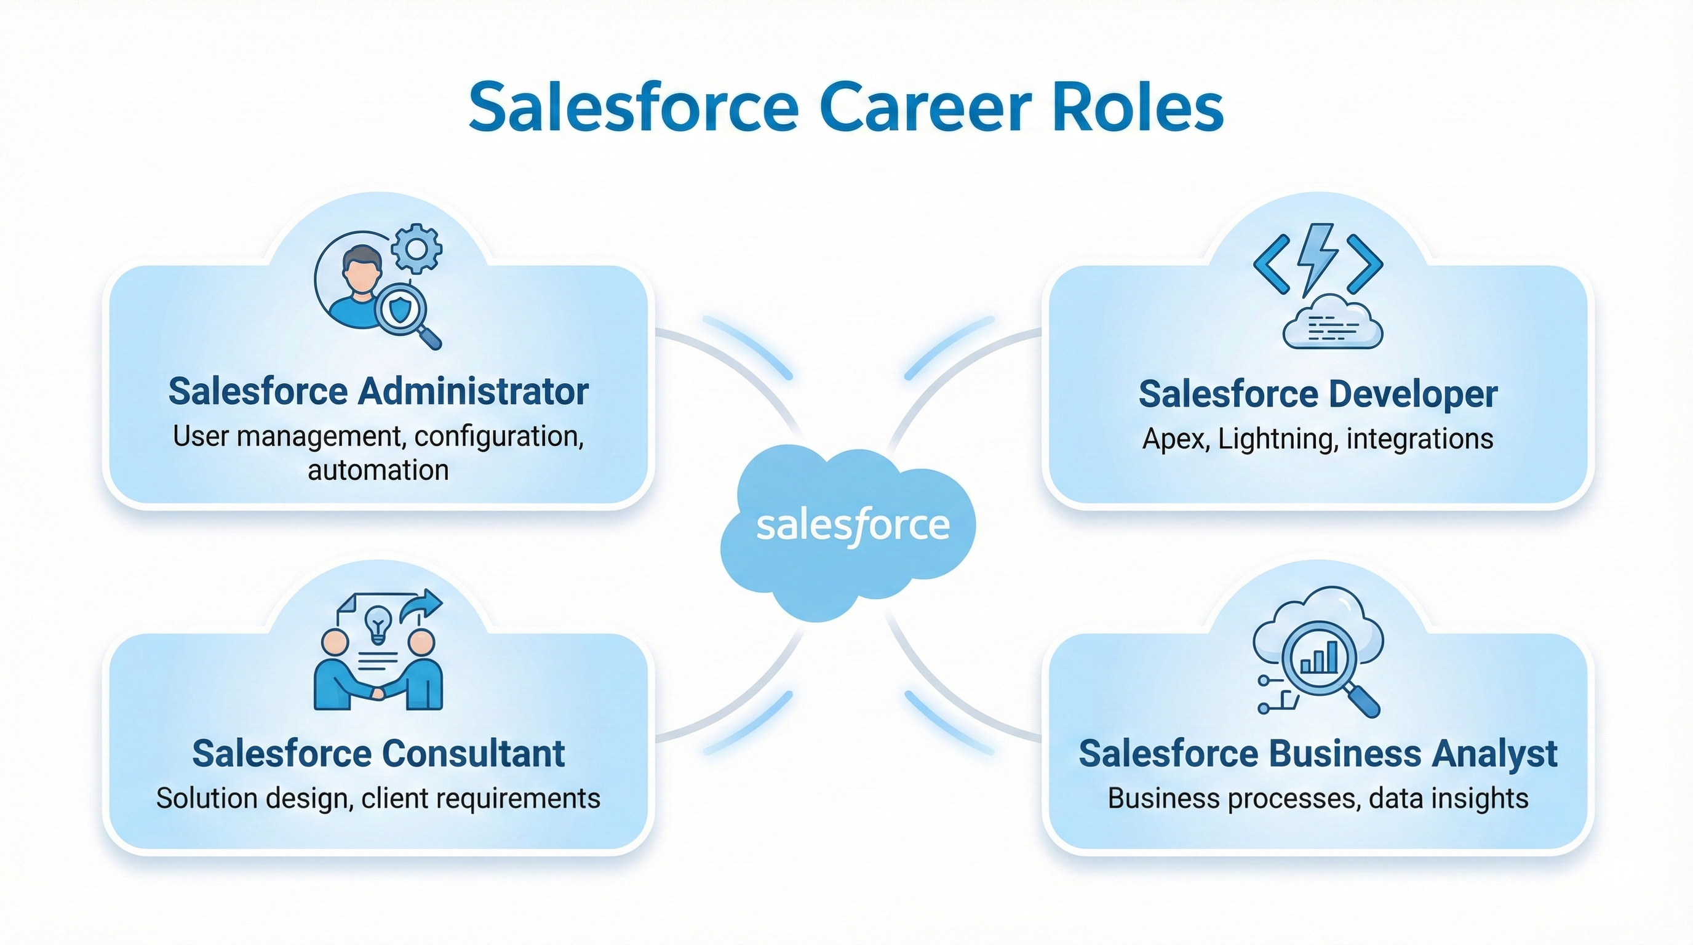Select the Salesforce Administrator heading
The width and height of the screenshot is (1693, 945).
point(378,392)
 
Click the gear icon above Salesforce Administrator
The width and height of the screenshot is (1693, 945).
point(416,249)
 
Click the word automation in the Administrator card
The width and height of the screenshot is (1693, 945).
point(378,471)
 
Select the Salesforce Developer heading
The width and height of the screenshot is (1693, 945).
point(1318,394)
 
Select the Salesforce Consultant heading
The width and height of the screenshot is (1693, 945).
point(378,753)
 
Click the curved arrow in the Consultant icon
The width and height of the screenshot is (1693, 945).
point(421,604)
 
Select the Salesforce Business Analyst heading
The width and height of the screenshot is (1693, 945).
point(1318,753)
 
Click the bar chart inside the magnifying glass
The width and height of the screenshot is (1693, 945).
point(1319,658)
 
